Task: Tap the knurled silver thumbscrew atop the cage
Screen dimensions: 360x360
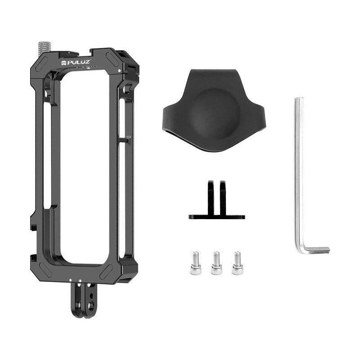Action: [45, 48]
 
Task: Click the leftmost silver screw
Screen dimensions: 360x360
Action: [195, 263]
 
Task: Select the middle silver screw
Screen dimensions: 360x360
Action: [216, 263]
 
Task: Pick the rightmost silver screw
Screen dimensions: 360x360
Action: [237, 263]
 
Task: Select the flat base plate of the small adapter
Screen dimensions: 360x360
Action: [217, 217]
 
